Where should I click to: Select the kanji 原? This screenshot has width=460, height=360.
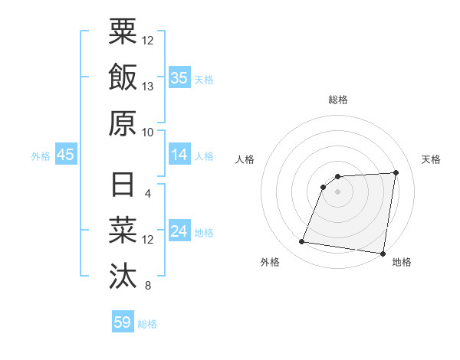[x=123, y=123]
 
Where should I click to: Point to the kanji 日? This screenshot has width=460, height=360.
[x=123, y=185]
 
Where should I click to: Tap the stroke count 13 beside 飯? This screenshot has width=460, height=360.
[x=148, y=87]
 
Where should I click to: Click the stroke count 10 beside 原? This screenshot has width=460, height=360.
[x=148, y=132]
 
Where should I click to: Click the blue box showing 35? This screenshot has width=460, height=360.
[x=179, y=78]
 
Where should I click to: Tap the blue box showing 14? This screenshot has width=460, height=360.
[x=179, y=155]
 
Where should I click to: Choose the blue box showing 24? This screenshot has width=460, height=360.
[x=179, y=232]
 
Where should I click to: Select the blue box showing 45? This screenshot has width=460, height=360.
[x=65, y=155]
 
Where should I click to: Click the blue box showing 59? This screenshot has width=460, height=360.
[x=122, y=322]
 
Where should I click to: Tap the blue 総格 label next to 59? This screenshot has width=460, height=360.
[x=147, y=324]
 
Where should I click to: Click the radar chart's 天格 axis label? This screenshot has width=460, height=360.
[x=432, y=159]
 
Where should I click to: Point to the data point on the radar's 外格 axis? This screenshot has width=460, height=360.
[x=301, y=243]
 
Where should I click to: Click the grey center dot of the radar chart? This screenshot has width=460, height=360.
[x=337, y=191]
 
